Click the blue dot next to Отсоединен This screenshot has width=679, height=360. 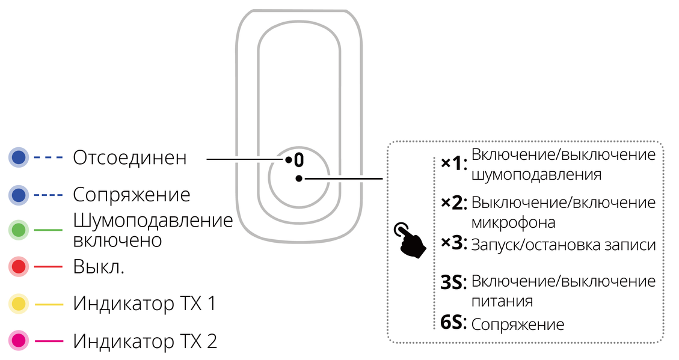click(19, 157)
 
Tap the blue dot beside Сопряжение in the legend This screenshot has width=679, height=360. click(19, 195)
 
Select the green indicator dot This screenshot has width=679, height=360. click(19, 230)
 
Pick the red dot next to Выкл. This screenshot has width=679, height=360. click(19, 266)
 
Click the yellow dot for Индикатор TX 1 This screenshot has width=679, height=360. click(19, 304)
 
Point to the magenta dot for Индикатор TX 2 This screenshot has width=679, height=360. click(19, 341)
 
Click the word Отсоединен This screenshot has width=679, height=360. click(129, 157)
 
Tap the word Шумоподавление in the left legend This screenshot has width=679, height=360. click(153, 221)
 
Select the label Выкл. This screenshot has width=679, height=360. click(99, 266)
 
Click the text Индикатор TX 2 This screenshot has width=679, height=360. click(144, 341)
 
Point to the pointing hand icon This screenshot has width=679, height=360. click(409, 240)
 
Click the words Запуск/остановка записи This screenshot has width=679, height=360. click(564, 245)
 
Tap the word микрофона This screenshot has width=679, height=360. click(513, 223)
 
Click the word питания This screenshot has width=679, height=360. click(502, 301)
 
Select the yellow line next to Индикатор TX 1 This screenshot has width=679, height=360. click(49, 304)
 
